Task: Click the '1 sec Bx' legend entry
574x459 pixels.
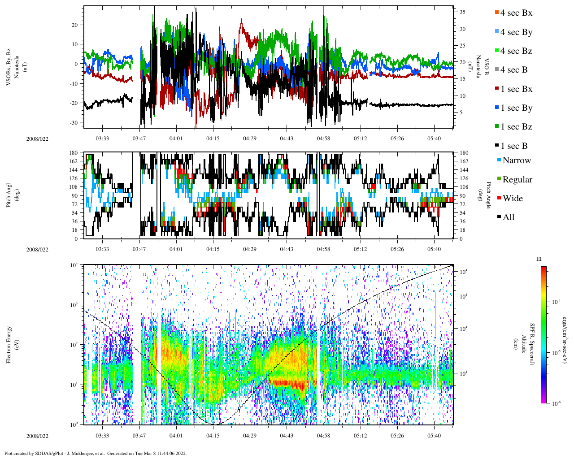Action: click(516, 89)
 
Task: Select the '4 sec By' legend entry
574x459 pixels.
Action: click(516, 32)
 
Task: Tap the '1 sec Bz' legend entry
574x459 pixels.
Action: click(516, 127)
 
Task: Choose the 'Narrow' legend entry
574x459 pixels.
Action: click(517, 160)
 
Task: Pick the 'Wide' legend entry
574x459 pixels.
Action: click(513, 198)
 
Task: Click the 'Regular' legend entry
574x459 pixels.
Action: click(517, 179)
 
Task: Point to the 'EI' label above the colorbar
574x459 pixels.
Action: click(539, 259)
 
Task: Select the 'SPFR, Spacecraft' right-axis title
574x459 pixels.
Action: click(532, 344)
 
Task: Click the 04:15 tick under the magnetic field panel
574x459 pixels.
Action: click(213, 139)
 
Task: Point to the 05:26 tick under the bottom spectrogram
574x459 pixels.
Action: click(397, 436)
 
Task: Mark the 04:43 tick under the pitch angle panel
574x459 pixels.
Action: click(287, 249)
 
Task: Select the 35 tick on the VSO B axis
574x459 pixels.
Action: click(462, 13)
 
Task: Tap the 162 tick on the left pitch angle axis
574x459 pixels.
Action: click(73, 161)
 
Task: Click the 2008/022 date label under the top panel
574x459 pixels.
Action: click(37, 139)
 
